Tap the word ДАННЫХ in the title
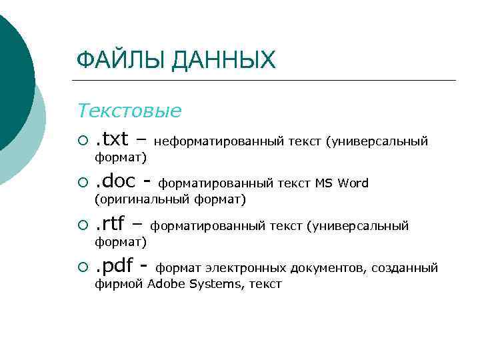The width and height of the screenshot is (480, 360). pyautogui.click(x=223, y=61)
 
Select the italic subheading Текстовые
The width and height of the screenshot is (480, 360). pyautogui.click(x=129, y=111)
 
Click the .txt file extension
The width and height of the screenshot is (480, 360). pyautogui.click(x=111, y=139)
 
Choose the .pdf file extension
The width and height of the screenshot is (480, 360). pyautogui.click(x=115, y=267)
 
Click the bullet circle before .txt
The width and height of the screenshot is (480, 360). pyautogui.click(x=82, y=140)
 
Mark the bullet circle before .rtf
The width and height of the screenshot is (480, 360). pyautogui.click(x=82, y=225)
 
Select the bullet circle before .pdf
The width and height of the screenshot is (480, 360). pyautogui.click(x=82, y=268)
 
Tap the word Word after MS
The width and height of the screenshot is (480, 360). pyautogui.click(x=353, y=183)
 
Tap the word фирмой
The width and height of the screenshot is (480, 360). pyautogui.click(x=119, y=284)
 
